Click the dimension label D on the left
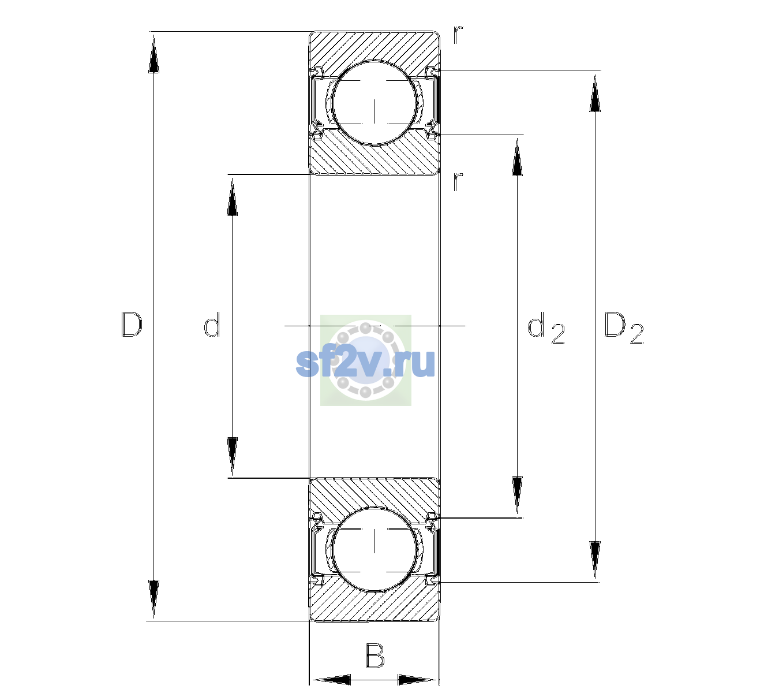132,325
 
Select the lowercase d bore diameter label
212,325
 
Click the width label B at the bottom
374,655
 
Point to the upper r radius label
458,35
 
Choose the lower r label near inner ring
458,181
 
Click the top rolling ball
375,103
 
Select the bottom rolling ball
375,549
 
